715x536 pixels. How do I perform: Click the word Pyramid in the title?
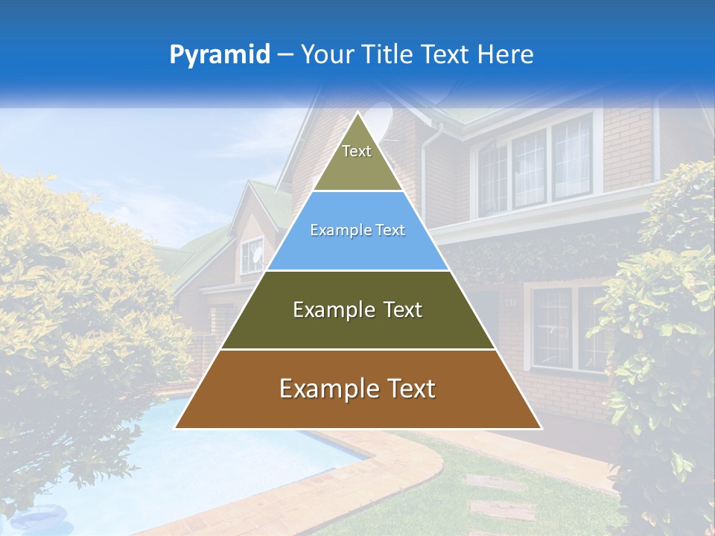click(x=220, y=55)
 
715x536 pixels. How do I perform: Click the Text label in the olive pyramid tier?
click(x=357, y=151)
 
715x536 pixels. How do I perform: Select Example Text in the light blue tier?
click(x=357, y=231)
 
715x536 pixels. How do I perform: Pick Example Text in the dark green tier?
click(x=357, y=310)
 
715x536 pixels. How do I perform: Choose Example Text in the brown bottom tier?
click(x=357, y=389)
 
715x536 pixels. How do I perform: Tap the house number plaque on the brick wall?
click(x=511, y=301)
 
